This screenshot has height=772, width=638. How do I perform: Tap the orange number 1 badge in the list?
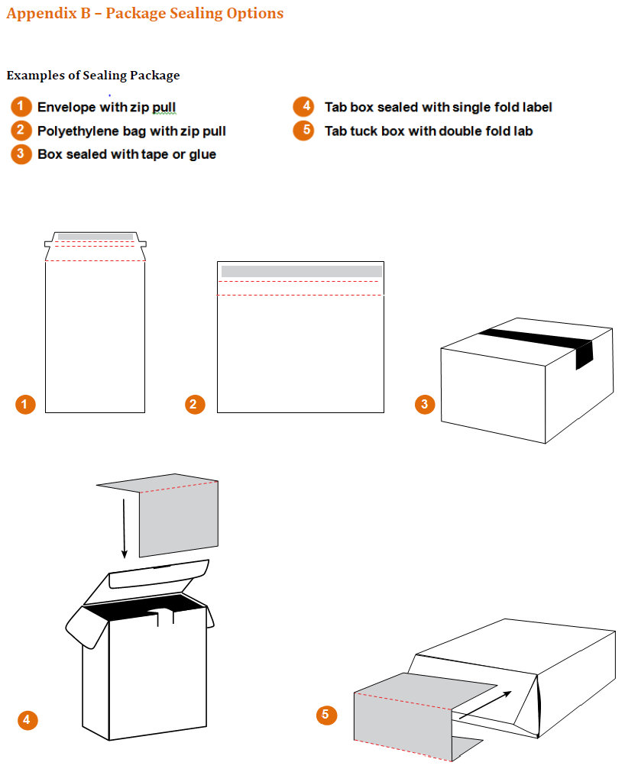tap(21, 107)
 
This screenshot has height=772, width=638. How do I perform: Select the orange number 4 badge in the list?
tap(304, 107)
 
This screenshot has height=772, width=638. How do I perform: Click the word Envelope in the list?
tap(66, 108)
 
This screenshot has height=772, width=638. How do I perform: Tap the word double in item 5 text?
tap(461, 131)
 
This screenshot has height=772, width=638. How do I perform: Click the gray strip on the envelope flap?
tap(96, 237)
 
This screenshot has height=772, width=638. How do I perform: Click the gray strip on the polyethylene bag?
tap(301, 271)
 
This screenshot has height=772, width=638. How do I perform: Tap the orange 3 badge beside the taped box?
tap(425, 404)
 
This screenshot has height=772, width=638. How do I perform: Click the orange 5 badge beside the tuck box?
tap(326, 715)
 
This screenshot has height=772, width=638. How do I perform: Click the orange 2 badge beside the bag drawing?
tap(196, 405)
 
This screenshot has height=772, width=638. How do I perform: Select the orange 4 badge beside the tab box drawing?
tap(27, 719)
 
